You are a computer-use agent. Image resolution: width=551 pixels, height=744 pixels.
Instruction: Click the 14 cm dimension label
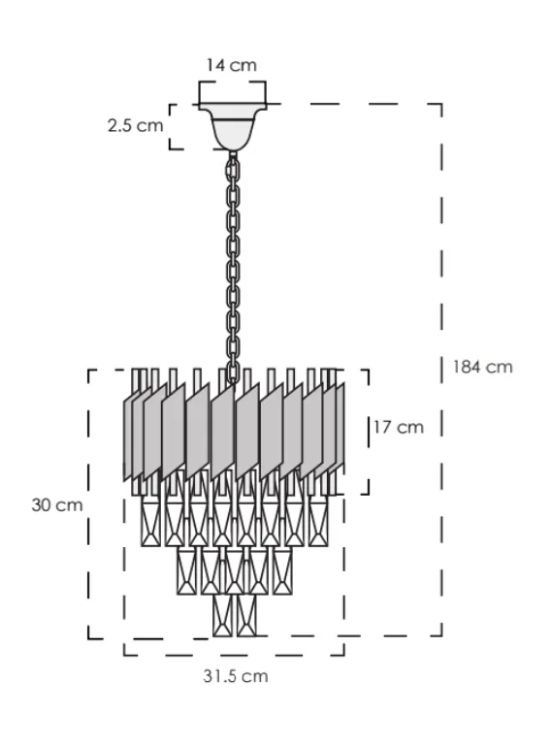tap(232, 65)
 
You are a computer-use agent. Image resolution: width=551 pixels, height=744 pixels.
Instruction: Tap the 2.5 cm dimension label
tap(135, 126)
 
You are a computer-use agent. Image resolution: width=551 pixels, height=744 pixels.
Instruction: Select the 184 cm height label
tap(483, 367)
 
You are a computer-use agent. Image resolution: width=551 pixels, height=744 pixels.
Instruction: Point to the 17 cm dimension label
tap(399, 427)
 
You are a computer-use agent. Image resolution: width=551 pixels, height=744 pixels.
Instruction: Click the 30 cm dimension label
tap(57, 504)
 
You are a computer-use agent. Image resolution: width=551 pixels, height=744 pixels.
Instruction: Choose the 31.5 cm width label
tap(236, 676)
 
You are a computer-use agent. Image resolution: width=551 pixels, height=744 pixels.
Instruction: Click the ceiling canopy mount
tap(233, 127)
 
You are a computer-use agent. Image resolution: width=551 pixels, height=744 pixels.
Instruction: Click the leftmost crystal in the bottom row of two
tap(222, 615)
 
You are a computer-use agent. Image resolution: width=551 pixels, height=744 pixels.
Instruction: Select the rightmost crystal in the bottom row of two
tap(246, 615)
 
